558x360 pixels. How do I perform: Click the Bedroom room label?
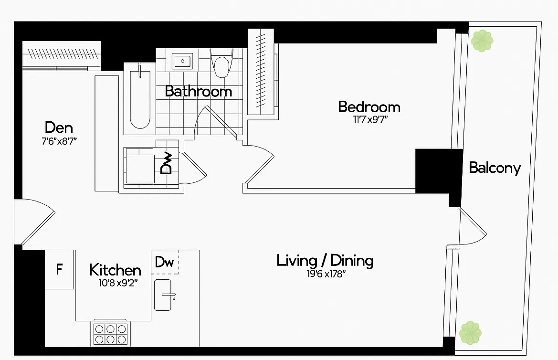point(369,106)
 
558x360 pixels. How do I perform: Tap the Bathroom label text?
point(198,91)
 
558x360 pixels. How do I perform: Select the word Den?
point(59,127)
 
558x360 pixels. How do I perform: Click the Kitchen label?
point(115,270)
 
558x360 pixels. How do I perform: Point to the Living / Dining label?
point(325,261)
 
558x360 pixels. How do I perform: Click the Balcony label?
point(495,168)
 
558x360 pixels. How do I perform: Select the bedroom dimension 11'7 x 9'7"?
point(370,120)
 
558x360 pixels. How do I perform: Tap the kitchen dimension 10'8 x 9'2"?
point(116,282)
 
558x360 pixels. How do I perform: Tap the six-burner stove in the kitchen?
point(111,334)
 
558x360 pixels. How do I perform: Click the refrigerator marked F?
point(59,270)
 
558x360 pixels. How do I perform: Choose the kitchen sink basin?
point(165,295)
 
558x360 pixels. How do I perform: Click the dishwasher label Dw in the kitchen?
point(164,262)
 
